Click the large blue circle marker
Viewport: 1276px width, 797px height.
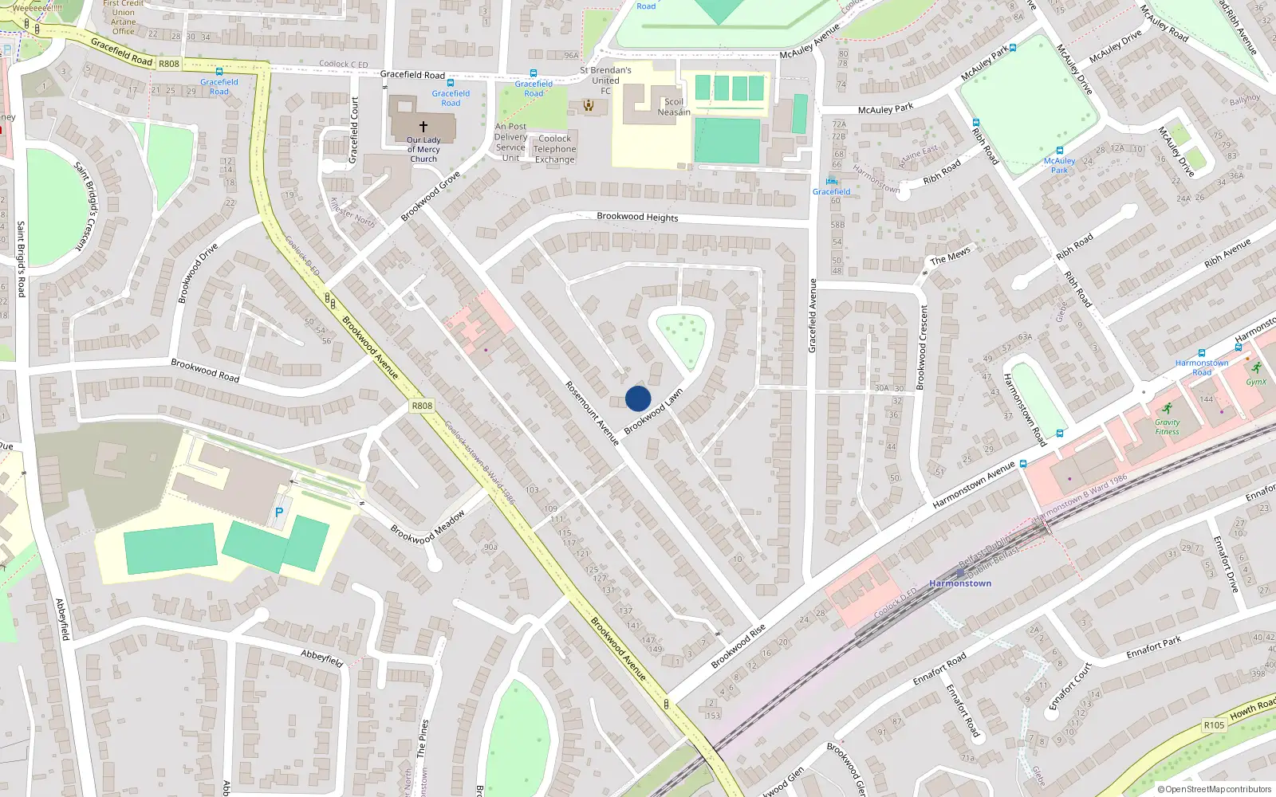638,398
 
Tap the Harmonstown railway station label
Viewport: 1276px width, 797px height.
960,583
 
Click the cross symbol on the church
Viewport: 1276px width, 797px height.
423,126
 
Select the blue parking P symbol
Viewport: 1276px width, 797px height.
278,512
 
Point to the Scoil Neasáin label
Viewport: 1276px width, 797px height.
674,107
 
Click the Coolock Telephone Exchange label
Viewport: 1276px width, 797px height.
554,149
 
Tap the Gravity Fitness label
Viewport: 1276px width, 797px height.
1167,427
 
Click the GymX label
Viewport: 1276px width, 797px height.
1256,382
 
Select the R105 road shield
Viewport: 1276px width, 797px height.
1214,724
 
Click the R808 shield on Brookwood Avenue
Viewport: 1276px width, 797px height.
422,406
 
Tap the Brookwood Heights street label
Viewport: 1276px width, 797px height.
637,217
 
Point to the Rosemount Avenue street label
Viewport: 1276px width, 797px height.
592,413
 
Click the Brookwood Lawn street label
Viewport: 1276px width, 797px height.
653,411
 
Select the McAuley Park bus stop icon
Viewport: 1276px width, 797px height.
1060,150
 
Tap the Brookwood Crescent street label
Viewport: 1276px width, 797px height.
924,347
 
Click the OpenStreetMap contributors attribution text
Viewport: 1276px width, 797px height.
1214,789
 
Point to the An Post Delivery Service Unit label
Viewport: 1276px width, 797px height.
510,142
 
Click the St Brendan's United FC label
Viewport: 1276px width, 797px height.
605,80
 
